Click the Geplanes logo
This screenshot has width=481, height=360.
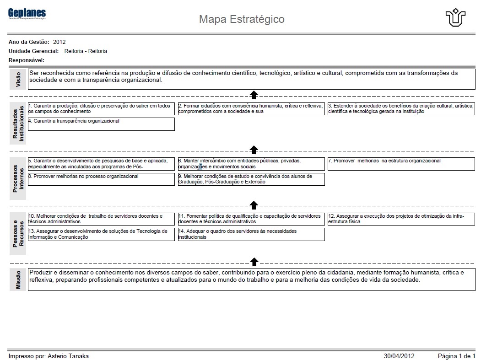pos(27,14)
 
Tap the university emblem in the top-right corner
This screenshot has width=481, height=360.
pos(455,18)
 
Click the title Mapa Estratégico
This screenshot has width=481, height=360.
pos(242,19)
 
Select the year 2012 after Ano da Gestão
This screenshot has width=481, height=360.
pos(59,42)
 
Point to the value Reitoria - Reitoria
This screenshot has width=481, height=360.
pos(86,51)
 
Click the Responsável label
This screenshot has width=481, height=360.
pos(27,60)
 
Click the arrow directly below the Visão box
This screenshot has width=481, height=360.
pos(254,94)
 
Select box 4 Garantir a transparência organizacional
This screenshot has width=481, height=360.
pos(101,124)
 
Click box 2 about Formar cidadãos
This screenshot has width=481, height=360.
pos(251,109)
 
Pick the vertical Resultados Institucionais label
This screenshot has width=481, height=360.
pos(18,124)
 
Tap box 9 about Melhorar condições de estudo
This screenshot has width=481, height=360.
pos(251,179)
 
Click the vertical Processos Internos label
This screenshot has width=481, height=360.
pos(18,178)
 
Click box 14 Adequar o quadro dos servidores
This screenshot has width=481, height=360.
pos(251,234)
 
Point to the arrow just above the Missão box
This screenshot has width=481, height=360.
pos(254,261)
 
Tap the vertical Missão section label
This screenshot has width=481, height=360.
pos(18,279)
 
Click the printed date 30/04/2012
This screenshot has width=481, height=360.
pos(399,356)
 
